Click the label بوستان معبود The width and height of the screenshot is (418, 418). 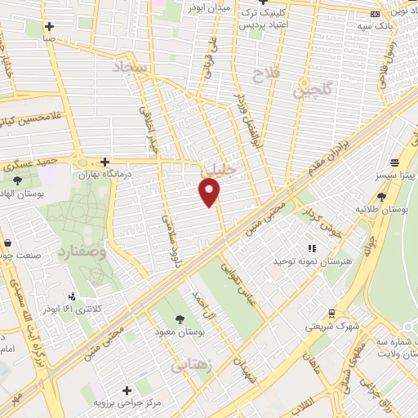click(x=180, y=333)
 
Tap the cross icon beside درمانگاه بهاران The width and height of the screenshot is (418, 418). click(x=104, y=162)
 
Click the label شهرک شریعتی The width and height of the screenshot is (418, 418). click(x=332, y=326)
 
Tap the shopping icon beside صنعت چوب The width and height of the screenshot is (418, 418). click(x=7, y=243)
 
